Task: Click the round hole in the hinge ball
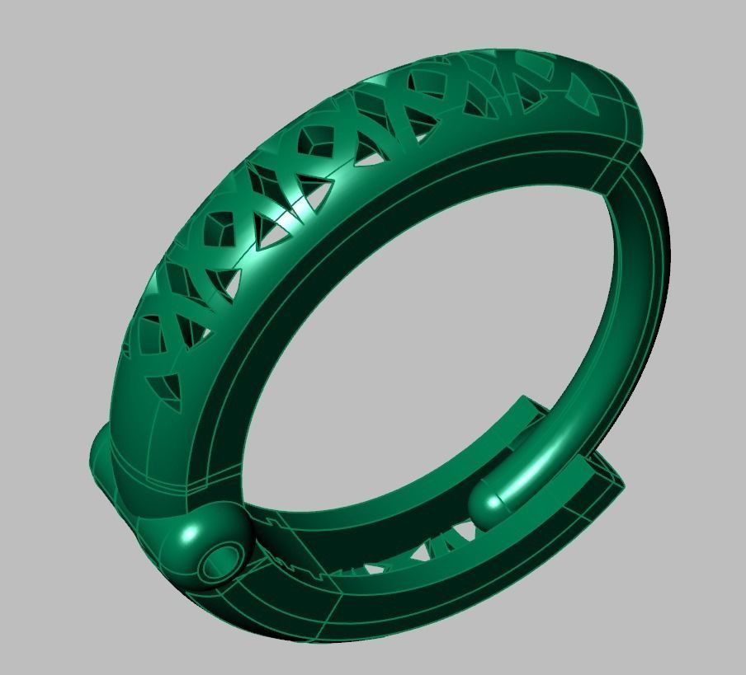click(x=219, y=561)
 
